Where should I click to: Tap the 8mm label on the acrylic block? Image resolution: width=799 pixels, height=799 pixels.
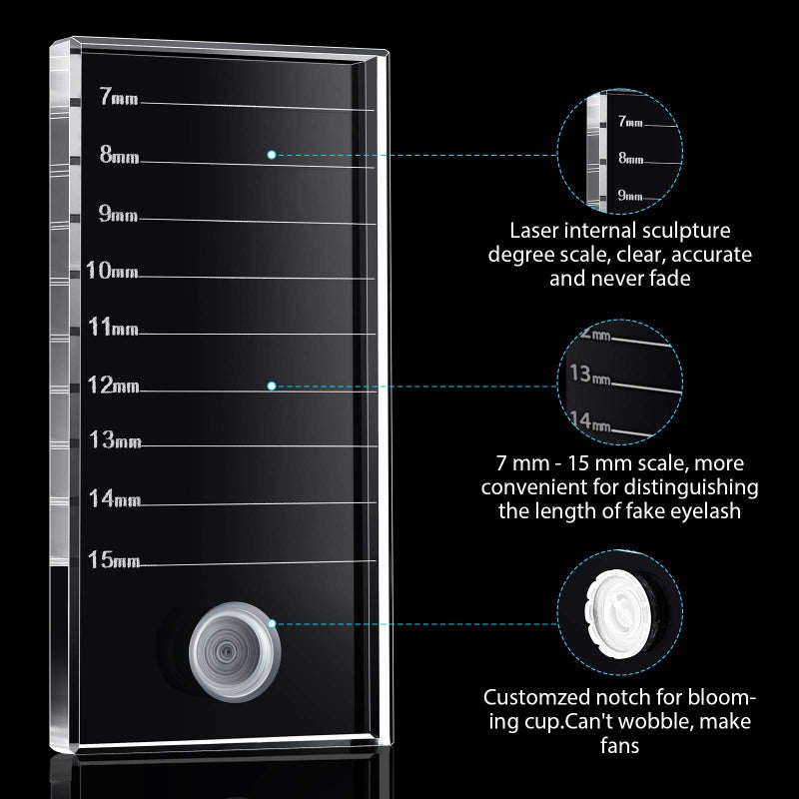click(x=119, y=155)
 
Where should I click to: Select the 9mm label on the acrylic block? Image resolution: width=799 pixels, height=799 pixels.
click(x=119, y=213)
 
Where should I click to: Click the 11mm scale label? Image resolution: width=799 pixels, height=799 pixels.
click(x=114, y=327)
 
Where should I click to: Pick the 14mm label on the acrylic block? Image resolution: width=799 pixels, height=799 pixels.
click(x=114, y=497)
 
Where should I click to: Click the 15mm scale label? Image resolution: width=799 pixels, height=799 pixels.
click(x=114, y=558)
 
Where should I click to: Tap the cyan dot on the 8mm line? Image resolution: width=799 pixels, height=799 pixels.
click(x=272, y=154)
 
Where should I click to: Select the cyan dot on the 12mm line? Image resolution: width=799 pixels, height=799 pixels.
click(x=272, y=385)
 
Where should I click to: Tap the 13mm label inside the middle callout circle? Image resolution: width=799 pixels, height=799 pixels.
click(x=587, y=375)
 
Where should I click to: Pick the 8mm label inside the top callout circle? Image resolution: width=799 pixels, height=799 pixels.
click(x=630, y=157)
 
